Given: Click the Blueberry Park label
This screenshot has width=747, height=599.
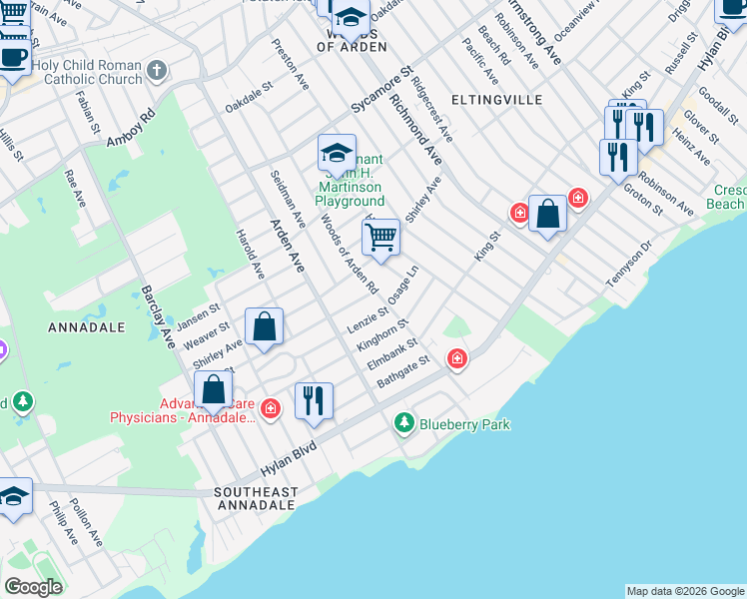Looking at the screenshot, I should (x=464, y=424).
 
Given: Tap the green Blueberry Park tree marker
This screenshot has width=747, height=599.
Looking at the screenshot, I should (x=404, y=423).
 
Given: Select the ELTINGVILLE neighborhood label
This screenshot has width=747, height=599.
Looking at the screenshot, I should (x=496, y=100).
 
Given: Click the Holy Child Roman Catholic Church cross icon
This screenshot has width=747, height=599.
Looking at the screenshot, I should (x=156, y=71).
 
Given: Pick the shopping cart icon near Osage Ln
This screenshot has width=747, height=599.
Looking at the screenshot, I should (x=380, y=238).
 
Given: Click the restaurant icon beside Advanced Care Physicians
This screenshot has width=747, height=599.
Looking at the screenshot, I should (x=314, y=400).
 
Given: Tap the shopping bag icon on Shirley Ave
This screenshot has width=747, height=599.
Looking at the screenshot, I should (x=265, y=326).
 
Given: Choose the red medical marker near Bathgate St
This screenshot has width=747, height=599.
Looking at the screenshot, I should (x=457, y=358).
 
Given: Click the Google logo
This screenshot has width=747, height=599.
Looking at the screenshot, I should (x=33, y=587).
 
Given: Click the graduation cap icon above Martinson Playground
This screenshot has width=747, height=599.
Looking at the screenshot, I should (x=337, y=153).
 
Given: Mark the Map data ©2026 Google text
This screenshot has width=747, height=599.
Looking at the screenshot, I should (x=685, y=591).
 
